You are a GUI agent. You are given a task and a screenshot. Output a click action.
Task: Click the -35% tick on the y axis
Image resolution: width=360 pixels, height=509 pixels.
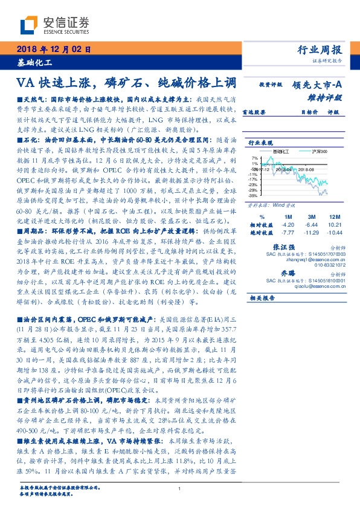254,195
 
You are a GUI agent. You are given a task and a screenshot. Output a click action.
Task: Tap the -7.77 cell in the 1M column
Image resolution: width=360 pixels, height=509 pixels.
288,232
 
